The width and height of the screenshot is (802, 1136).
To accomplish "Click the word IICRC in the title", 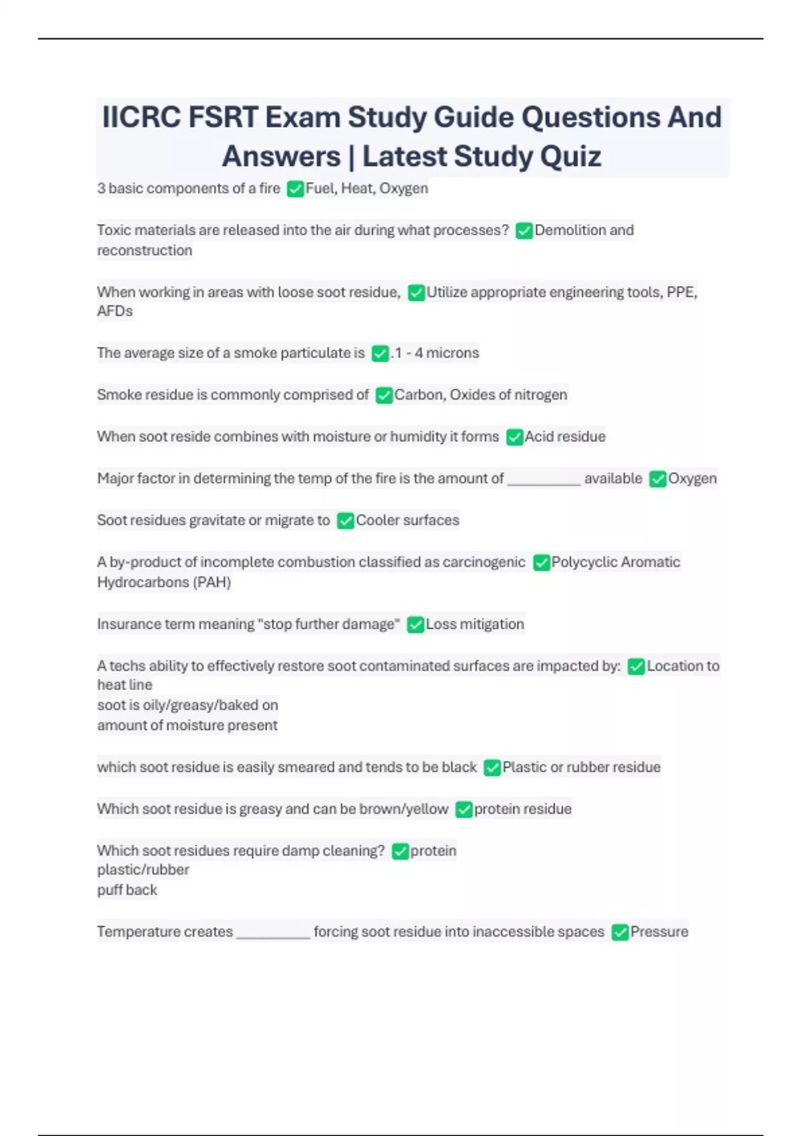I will click(x=141, y=118).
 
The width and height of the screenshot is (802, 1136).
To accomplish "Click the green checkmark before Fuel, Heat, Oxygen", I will click(x=295, y=189).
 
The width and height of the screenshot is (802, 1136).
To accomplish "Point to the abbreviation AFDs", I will click(x=115, y=311).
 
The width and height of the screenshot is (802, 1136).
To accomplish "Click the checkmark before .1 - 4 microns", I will click(x=380, y=353).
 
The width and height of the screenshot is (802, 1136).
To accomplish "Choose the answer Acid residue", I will click(x=565, y=437).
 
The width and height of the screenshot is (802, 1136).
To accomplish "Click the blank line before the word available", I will click(x=543, y=480).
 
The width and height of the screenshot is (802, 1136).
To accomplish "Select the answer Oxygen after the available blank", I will click(x=692, y=478).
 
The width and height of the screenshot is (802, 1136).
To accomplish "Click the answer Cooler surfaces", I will click(x=408, y=521).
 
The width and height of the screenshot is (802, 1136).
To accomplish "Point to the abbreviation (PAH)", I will click(x=211, y=583).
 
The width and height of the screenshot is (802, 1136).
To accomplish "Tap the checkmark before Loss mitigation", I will click(x=415, y=625).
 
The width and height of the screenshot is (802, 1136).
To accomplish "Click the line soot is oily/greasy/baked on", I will click(x=187, y=705).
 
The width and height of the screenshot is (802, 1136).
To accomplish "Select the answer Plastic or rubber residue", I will click(x=581, y=767).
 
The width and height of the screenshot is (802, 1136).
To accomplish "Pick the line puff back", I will click(x=127, y=890).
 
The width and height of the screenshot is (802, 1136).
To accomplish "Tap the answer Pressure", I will click(x=659, y=932).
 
